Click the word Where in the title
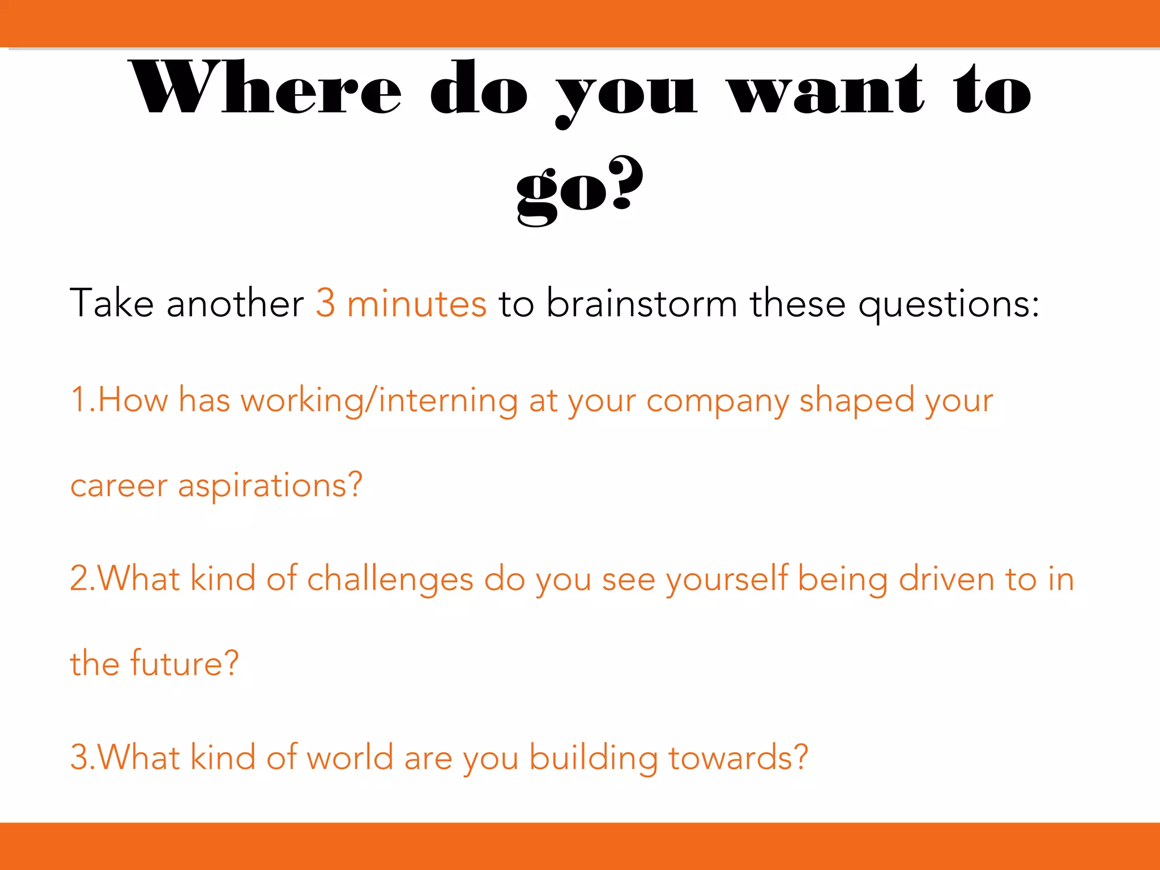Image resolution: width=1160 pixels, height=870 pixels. click(266, 88)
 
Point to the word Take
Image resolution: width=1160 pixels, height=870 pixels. click(112, 303)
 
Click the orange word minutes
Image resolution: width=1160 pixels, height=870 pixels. click(416, 303)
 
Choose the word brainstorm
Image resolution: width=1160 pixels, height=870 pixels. click(642, 303)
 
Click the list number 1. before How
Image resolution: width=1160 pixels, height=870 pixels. click(83, 399)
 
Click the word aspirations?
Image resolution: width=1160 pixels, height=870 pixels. click(270, 486)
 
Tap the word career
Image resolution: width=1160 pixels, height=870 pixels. click(119, 486)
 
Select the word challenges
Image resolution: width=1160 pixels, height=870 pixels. click(390, 579)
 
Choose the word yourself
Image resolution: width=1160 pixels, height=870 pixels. click(727, 579)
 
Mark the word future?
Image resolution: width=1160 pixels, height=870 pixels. click(185, 663)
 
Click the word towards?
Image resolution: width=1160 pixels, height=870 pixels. click(738, 757)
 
